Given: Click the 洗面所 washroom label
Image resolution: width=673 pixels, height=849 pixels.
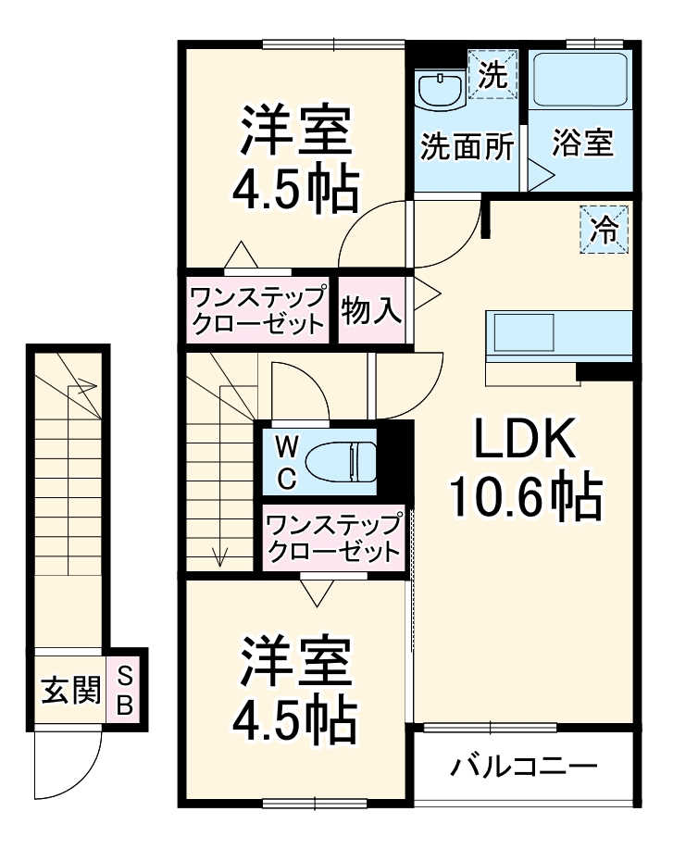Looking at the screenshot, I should click(x=467, y=148).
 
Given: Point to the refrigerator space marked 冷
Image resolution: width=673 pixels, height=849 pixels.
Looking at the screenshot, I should click(x=604, y=228).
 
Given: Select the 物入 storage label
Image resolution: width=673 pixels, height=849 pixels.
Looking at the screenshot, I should click(x=372, y=311).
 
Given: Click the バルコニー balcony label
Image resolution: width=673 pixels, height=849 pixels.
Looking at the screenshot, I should click(x=524, y=768).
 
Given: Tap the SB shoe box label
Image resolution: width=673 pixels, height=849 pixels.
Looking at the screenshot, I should click(x=124, y=691).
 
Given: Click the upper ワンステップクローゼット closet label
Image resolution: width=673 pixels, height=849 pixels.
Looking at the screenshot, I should click(x=257, y=311).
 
